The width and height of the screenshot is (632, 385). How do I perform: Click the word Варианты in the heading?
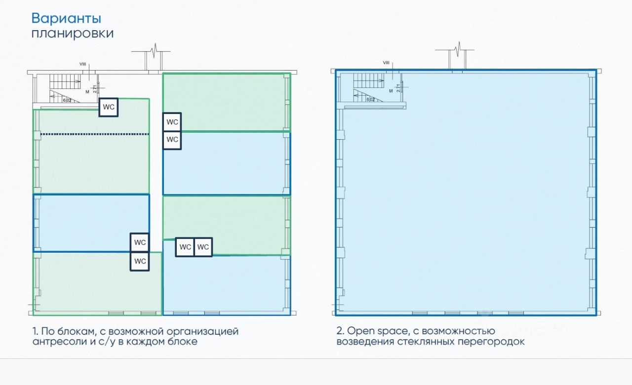[x=66, y=18]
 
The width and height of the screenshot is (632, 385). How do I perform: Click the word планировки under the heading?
[x=72, y=34]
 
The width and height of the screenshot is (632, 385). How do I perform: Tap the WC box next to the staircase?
[x=109, y=107]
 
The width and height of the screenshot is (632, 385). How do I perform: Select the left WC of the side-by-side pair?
[x=185, y=247]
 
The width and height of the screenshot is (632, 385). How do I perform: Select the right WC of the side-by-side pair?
[x=203, y=247]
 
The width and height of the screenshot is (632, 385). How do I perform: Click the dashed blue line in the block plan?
[x=94, y=134]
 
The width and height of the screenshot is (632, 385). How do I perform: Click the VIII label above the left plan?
[x=82, y=64]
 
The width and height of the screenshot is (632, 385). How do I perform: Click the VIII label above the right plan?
[x=386, y=63]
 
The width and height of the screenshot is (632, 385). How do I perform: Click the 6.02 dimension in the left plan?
[x=67, y=100]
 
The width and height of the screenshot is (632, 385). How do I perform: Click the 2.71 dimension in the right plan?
[x=398, y=88]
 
